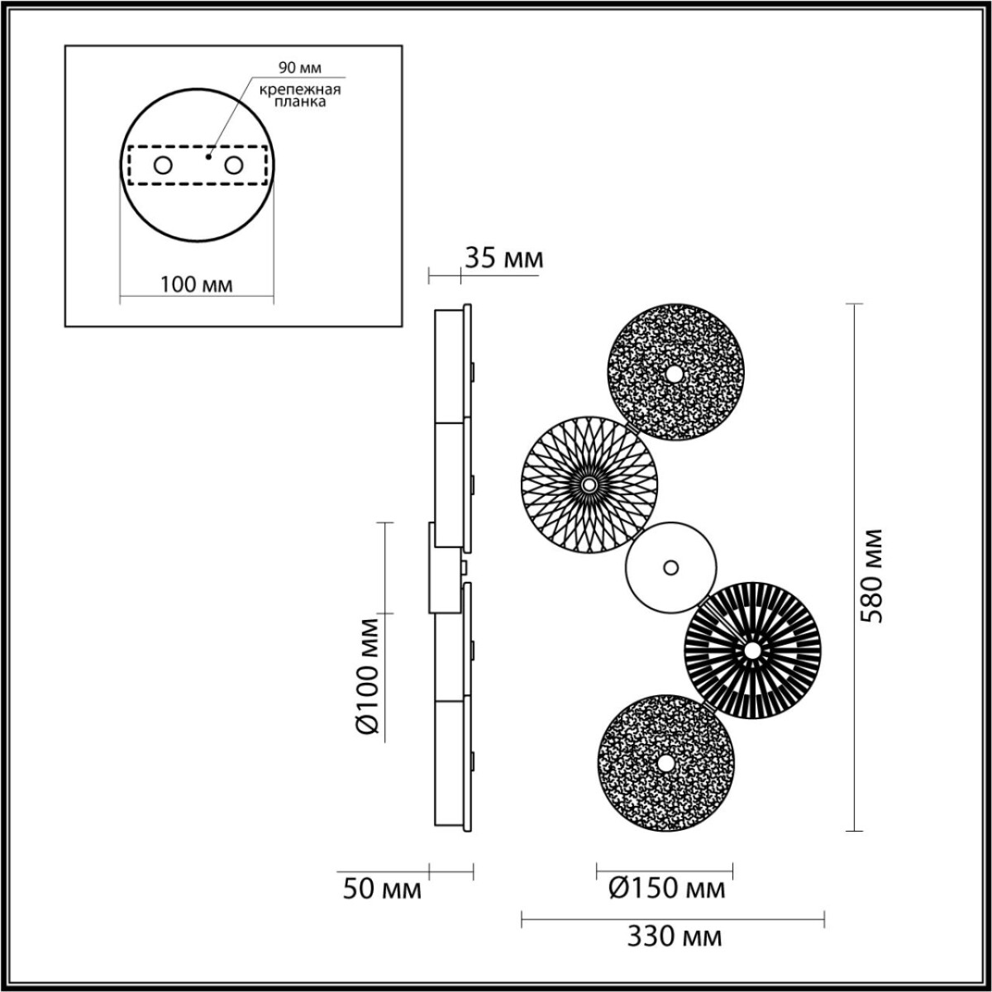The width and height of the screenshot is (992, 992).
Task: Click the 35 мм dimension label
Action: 503,259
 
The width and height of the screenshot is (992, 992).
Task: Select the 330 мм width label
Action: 674,937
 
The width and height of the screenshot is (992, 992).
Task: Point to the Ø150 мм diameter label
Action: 666,889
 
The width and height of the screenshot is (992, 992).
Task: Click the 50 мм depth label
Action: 383,889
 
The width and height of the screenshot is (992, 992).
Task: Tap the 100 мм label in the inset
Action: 196,284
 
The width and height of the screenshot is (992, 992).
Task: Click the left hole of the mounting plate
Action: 163,165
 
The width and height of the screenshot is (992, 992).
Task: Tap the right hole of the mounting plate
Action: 235,165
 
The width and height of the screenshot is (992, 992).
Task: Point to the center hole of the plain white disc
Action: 670,568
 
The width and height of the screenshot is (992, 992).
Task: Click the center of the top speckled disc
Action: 675,374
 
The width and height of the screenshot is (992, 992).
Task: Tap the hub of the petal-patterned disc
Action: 589,484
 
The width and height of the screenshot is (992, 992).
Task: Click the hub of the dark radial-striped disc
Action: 751,651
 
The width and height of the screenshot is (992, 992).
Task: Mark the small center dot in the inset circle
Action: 209,155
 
